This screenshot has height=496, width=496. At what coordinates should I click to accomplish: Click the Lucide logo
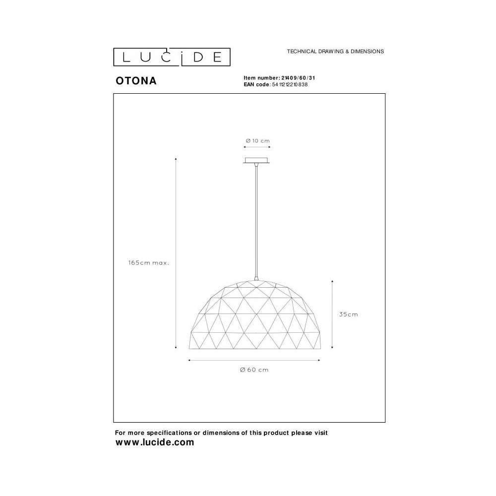click(172, 57)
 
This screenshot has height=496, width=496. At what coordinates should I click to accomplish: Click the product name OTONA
click(136, 81)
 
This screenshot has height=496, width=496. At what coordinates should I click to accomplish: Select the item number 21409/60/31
click(298, 78)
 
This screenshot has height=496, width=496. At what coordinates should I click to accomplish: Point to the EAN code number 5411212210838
click(290, 84)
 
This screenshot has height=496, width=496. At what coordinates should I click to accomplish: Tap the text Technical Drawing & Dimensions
click(335, 51)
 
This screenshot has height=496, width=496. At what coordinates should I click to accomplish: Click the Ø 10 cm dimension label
click(257, 141)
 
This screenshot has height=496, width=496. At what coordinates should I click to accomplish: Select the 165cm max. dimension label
click(149, 262)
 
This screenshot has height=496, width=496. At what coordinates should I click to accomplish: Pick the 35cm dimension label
click(348, 314)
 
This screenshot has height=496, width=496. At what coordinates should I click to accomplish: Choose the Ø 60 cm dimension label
click(254, 370)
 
